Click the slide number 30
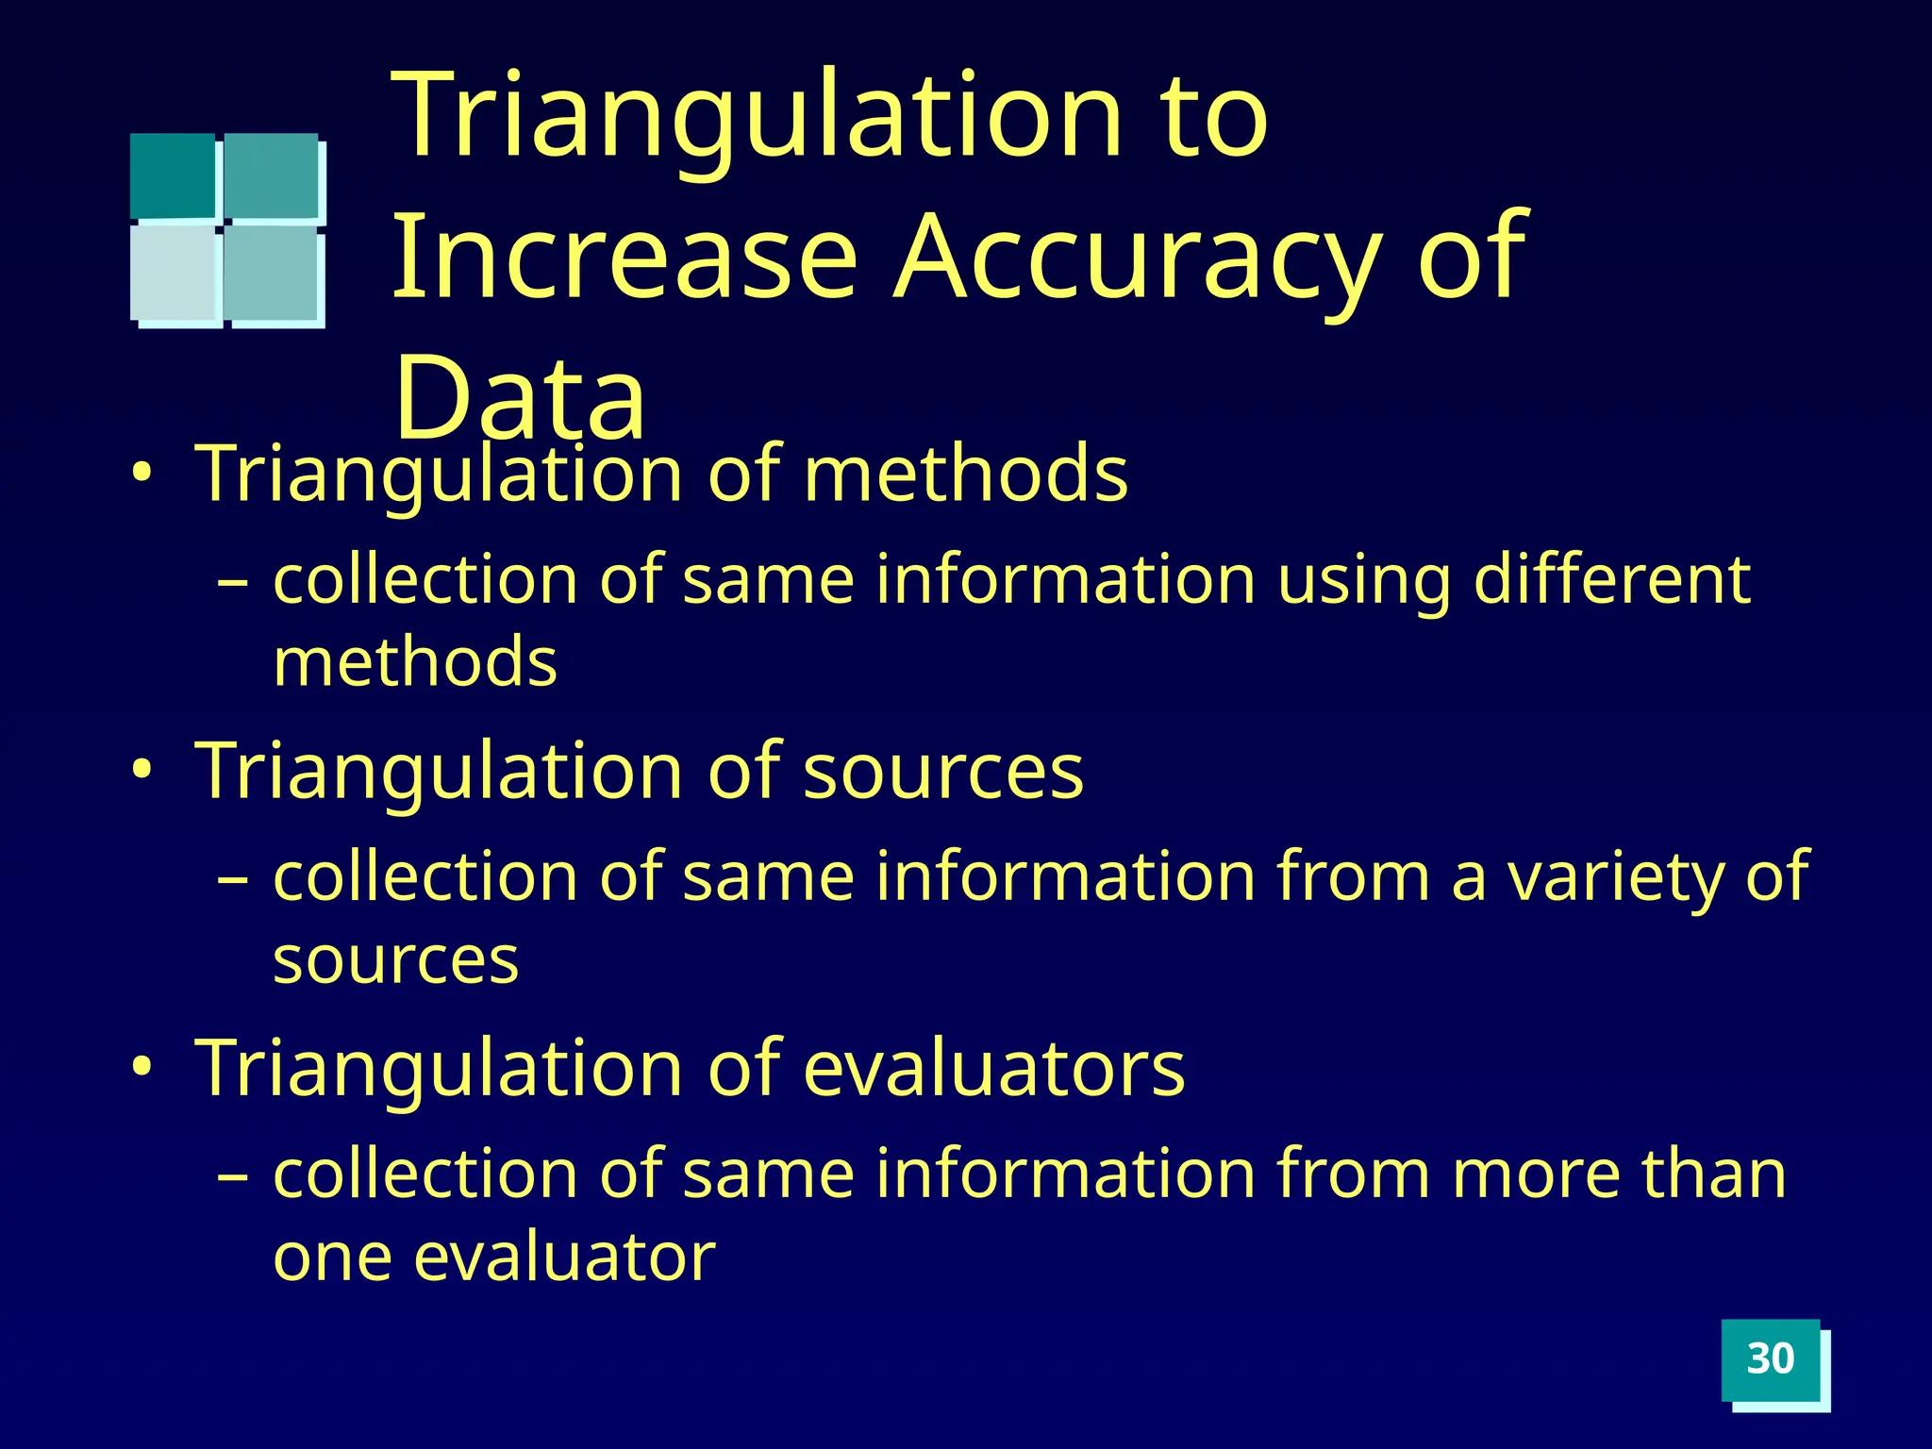coord(1770,1359)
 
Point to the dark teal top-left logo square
coord(173,175)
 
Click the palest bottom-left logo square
coord(175,274)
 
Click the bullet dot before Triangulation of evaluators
coord(142,1067)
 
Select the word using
coord(1363,582)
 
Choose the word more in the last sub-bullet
coord(1532,1176)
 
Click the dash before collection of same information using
coord(232,583)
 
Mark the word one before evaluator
coord(331,1259)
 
